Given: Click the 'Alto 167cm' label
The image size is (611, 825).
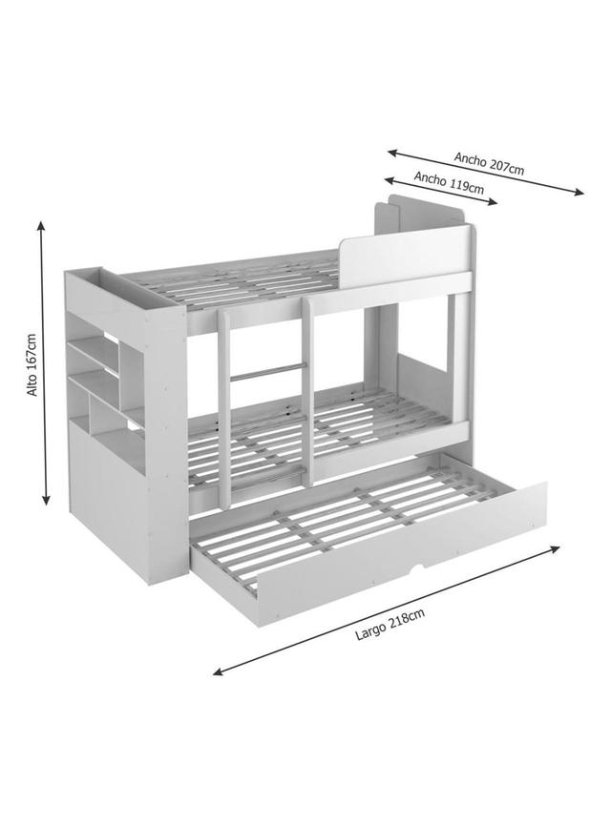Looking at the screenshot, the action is click(32, 364).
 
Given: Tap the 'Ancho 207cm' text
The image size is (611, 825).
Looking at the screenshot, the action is click(490, 163).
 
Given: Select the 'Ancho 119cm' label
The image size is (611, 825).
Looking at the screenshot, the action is click(449, 182).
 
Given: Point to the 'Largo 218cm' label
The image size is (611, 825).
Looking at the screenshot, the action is click(390, 624).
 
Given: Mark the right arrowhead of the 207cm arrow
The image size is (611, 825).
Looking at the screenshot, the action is click(579, 192).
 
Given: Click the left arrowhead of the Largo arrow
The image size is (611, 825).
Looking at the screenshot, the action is click(219, 671).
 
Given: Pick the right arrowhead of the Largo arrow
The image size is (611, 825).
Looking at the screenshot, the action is click(555, 548).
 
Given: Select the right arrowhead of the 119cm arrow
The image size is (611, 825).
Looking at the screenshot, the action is click(492, 201).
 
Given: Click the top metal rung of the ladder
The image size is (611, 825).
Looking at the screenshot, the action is click(267, 371).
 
